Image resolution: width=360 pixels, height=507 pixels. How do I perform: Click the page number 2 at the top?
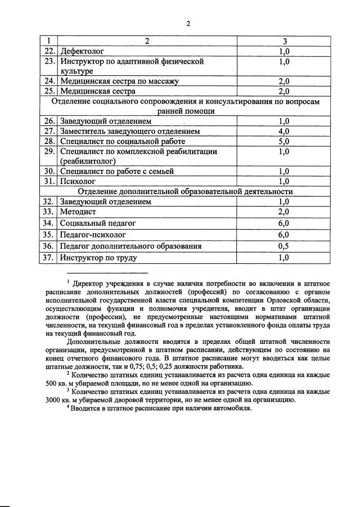pyautogui.click(x=189, y=23)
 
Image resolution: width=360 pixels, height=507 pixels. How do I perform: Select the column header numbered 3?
pyautogui.click(x=285, y=41)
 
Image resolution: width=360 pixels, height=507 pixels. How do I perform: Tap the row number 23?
pyautogui.click(x=49, y=61)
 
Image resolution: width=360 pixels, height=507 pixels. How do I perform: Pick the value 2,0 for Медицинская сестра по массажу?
pyautogui.click(x=284, y=81)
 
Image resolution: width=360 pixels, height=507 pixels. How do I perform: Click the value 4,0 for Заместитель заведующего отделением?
pyautogui.click(x=284, y=131)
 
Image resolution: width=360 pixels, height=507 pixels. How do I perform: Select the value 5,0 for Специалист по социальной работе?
pyautogui.click(x=284, y=141)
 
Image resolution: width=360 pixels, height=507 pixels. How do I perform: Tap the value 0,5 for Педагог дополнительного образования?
pyautogui.click(x=284, y=246)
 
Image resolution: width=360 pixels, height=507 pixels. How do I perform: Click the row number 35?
pyautogui.click(x=49, y=235)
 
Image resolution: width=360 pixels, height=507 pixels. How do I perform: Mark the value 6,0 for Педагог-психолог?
pyautogui.click(x=284, y=235)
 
